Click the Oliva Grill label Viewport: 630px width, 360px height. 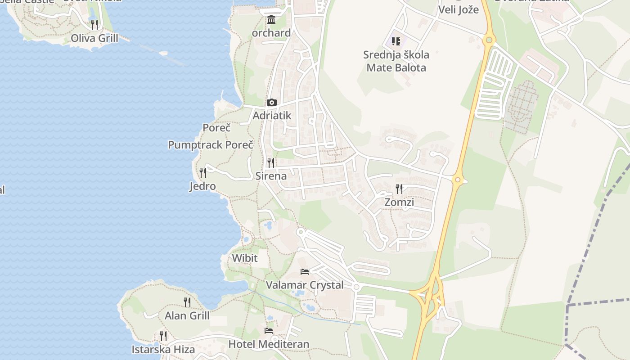pyautogui.click(x=94, y=38)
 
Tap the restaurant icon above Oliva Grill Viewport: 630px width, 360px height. pyautogui.click(x=94, y=24)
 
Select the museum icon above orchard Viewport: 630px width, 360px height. pyautogui.click(x=271, y=20)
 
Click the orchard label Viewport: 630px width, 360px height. pyautogui.click(x=271, y=33)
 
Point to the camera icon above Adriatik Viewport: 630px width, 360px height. pyautogui.click(x=271, y=103)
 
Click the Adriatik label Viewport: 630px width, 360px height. pyautogui.click(x=272, y=116)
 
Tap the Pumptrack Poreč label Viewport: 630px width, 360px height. pyautogui.click(x=211, y=145)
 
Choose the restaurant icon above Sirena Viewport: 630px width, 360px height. pyautogui.click(x=271, y=162)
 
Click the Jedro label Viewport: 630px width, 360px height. pyautogui.click(x=202, y=186)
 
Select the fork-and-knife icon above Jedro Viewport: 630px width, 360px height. pyautogui.click(x=203, y=172)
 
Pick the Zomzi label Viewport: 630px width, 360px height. pyautogui.click(x=399, y=202)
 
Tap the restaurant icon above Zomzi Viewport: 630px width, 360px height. pyautogui.click(x=399, y=189)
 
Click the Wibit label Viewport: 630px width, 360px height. pyautogui.click(x=245, y=258)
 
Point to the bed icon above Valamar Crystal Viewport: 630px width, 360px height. pyautogui.click(x=305, y=272)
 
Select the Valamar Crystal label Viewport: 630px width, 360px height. pyautogui.click(x=305, y=285)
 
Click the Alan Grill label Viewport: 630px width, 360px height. pyautogui.click(x=187, y=315)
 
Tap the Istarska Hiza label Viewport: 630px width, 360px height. pyautogui.click(x=163, y=350)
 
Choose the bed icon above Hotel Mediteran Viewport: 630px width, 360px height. pyautogui.click(x=269, y=331)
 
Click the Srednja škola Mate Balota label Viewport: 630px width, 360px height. pyautogui.click(x=396, y=61)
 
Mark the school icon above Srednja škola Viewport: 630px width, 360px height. pyautogui.click(x=396, y=42)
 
